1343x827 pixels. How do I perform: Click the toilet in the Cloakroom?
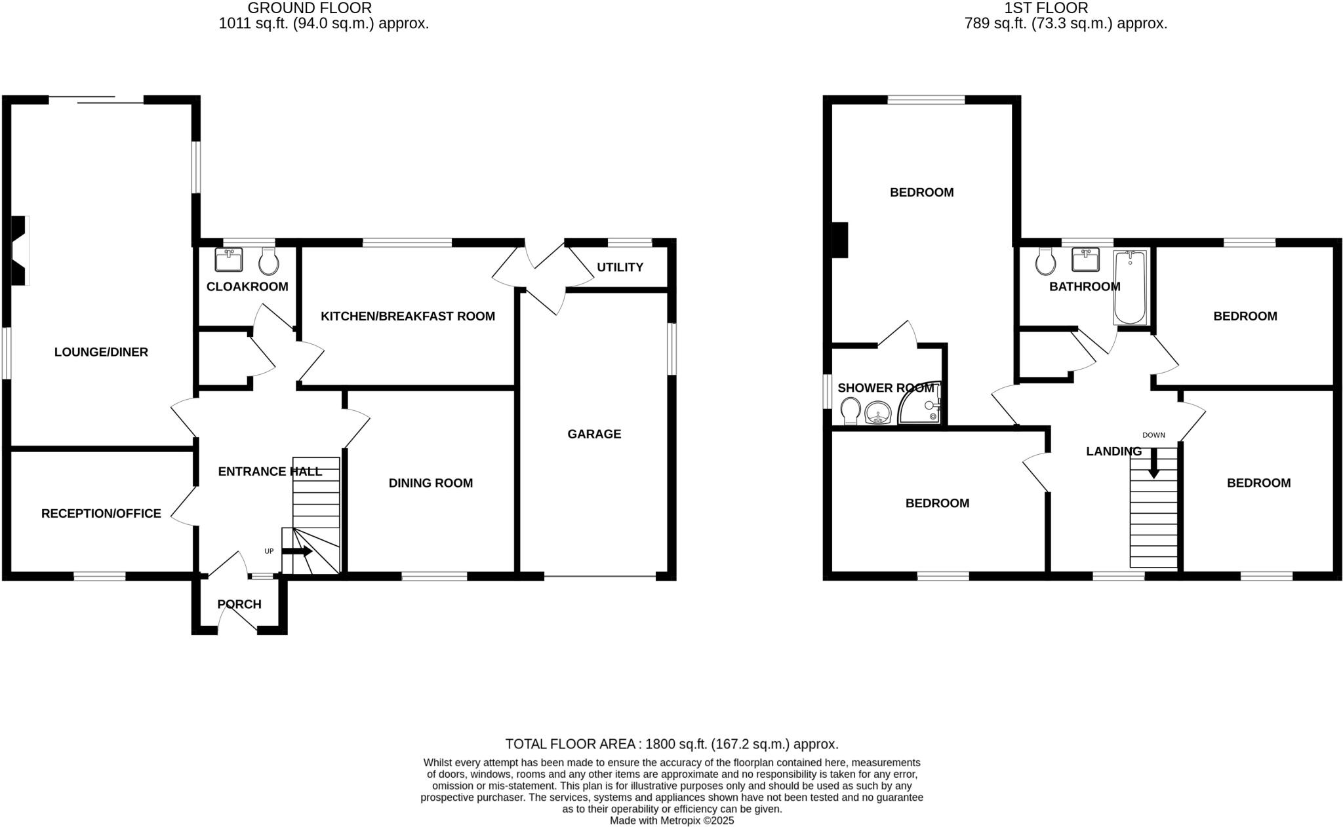(x=269, y=262)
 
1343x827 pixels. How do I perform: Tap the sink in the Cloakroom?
(x=228, y=260)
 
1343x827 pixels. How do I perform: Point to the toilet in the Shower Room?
(x=851, y=410)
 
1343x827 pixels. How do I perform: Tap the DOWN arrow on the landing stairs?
(x=1153, y=463)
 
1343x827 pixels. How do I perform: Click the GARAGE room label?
(x=594, y=434)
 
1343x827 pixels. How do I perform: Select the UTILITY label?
(x=620, y=267)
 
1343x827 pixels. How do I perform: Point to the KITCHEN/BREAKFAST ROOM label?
(x=407, y=316)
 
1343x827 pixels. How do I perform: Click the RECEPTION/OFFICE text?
(x=101, y=514)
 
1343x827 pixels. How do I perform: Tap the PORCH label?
(x=239, y=604)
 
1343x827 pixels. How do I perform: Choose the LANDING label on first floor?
(x=1113, y=452)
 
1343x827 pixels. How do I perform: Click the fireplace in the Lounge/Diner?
(x=20, y=250)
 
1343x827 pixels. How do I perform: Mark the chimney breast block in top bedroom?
(x=839, y=240)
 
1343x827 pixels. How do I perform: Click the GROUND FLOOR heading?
(x=310, y=8)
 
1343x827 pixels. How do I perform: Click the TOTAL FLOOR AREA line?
(x=671, y=744)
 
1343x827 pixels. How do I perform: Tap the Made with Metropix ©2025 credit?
(x=671, y=820)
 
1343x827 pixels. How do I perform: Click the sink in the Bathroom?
(x=1085, y=260)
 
